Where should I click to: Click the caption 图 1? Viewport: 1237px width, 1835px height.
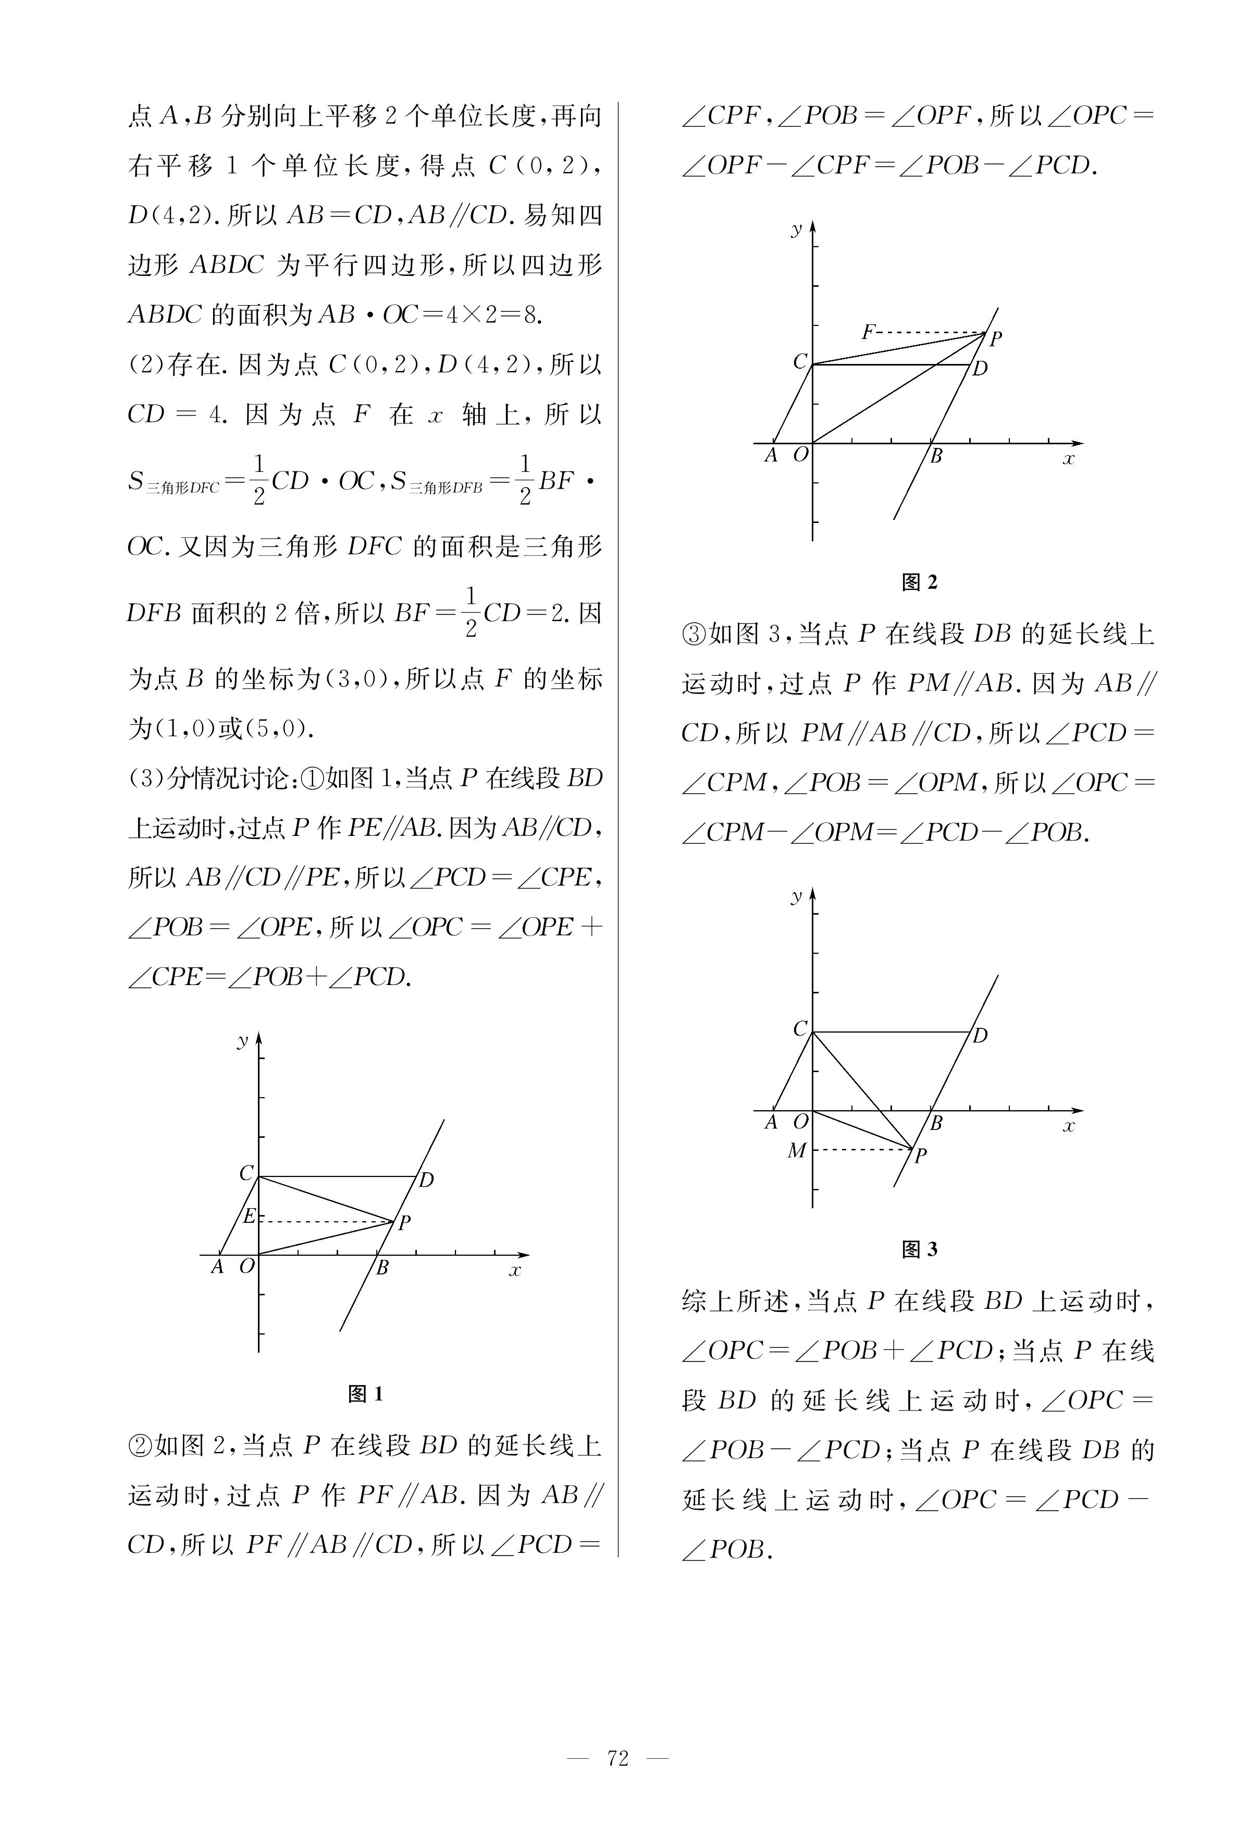365,1394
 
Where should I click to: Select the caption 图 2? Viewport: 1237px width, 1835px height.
919,582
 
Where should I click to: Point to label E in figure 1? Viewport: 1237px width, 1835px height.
249,1216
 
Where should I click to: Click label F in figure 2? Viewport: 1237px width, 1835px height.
868,332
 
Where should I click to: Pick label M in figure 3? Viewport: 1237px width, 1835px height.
797,1151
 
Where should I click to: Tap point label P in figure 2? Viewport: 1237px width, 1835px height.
996,338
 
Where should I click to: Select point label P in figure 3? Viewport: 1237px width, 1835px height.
920,1156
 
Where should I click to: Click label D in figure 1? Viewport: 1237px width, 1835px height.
426,1181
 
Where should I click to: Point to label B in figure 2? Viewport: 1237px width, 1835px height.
936,456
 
